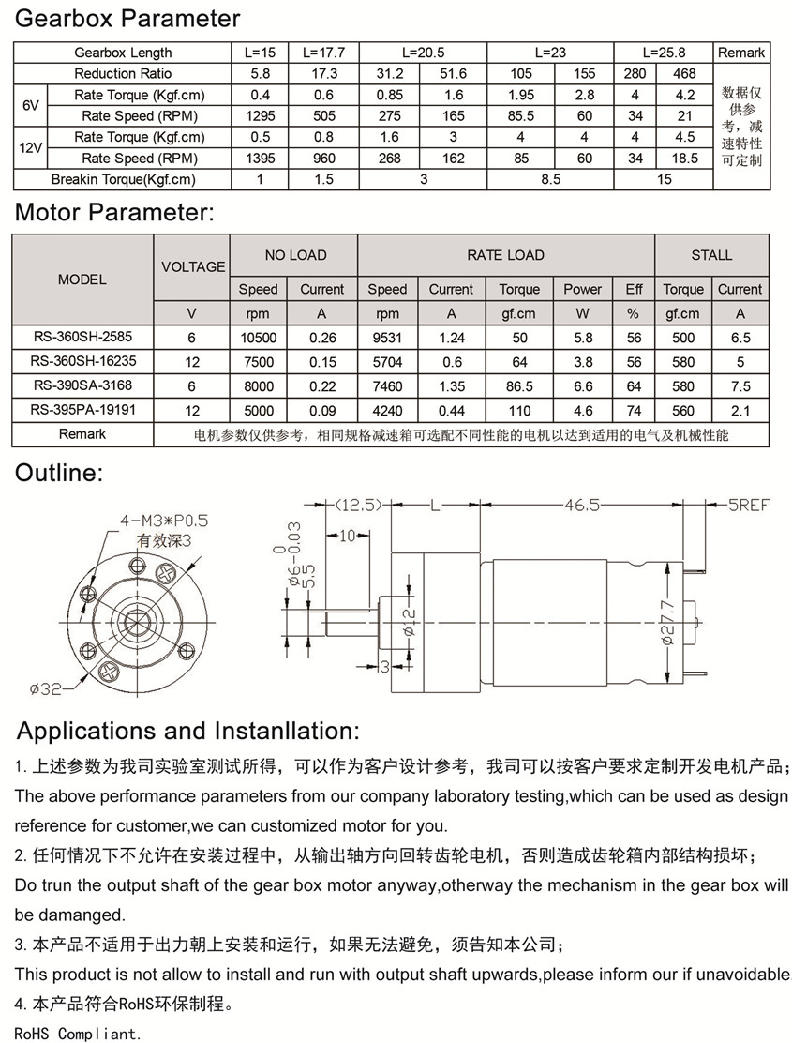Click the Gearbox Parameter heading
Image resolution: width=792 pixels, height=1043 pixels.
pos(127,18)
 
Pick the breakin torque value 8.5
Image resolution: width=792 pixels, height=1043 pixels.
pos(550,179)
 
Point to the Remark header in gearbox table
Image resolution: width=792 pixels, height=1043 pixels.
pos(741,53)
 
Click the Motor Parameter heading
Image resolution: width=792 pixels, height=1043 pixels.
pos(114,213)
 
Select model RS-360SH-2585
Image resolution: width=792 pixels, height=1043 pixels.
pos(82,338)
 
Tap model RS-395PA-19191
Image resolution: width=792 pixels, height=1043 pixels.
pos(82,410)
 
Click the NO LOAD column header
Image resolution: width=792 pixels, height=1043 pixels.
pos(295,255)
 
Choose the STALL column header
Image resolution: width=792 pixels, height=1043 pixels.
pos(712,255)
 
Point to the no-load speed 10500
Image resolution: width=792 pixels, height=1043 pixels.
pos(258,338)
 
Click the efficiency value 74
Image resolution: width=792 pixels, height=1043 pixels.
pos(635,410)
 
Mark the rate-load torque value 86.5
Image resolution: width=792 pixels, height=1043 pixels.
pos(519,385)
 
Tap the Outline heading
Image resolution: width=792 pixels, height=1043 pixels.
pos(59,473)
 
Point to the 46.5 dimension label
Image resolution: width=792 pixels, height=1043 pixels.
pos(581,505)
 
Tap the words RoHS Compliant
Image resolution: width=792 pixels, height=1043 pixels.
pos(78,1035)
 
